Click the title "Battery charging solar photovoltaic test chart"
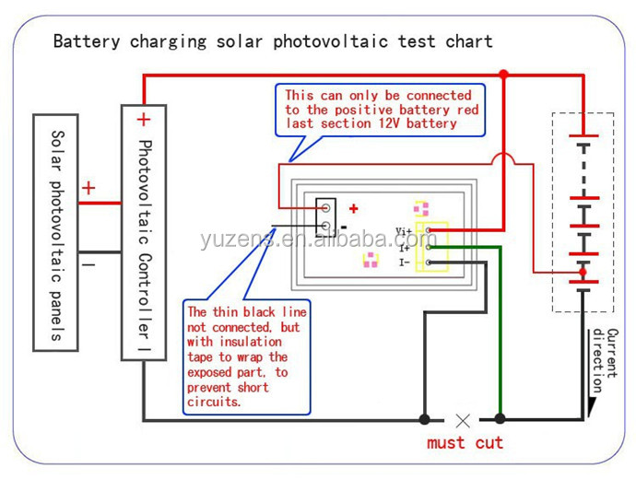pos(273,41)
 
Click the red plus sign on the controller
pos(143,119)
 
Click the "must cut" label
pos(465,443)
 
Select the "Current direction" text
pos(605,359)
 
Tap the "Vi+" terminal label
pos(404,230)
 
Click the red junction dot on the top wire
pos(503,74)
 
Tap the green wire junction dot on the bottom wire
pos(501,419)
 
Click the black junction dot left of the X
pos(424,419)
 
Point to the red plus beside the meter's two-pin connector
pos(353,209)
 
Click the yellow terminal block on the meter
pos(431,247)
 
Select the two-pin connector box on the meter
pos(325,216)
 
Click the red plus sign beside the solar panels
pos(88,188)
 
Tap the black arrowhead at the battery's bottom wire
pos(583,404)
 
